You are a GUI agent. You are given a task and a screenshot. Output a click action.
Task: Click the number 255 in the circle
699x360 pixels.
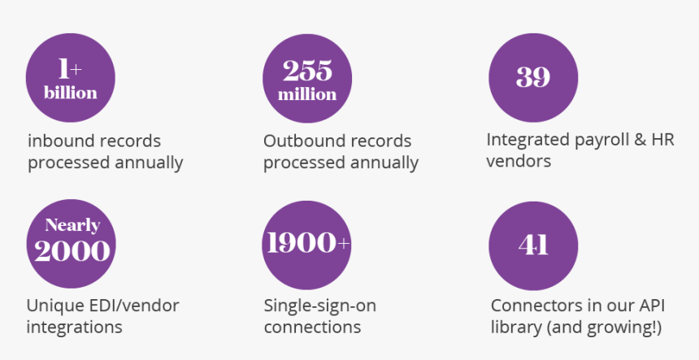(307, 71)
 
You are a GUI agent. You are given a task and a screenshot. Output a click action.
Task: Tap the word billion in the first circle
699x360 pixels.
(71, 93)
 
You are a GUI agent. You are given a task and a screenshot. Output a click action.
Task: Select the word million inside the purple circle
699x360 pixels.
(307, 94)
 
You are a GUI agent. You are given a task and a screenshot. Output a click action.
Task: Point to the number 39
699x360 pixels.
(533, 77)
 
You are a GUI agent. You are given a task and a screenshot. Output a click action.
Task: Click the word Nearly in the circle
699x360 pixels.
(72, 225)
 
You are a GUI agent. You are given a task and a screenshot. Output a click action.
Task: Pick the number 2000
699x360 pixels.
(72, 251)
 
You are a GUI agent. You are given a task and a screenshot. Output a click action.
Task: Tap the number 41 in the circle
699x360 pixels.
(533, 245)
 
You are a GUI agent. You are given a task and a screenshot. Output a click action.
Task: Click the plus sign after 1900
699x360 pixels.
(344, 243)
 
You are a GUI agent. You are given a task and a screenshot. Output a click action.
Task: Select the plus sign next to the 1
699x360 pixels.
(76, 70)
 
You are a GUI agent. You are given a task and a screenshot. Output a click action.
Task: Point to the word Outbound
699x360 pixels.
(299, 141)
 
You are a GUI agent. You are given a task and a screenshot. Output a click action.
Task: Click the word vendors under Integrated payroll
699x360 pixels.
(519, 161)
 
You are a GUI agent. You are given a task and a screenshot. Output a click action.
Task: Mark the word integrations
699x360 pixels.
(74, 327)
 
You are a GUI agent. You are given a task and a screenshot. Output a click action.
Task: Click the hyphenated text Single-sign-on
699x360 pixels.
(320, 306)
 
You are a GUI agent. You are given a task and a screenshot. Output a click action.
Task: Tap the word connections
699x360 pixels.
(312, 327)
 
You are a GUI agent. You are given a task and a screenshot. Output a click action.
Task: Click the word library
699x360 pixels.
(516, 327)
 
